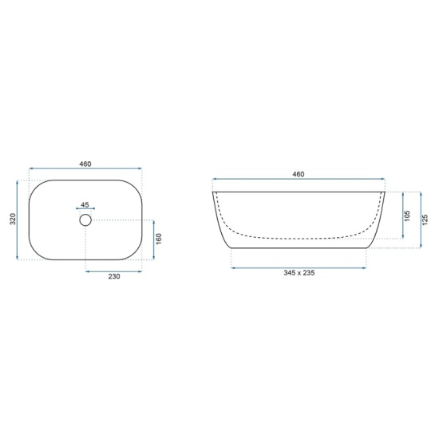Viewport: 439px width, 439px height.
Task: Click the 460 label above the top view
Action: click(x=85, y=164)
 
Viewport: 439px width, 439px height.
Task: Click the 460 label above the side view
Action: click(x=299, y=174)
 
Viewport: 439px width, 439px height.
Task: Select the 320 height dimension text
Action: click(x=13, y=219)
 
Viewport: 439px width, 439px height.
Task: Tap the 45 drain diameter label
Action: click(x=85, y=204)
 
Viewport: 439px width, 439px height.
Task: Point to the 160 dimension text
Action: click(x=159, y=239)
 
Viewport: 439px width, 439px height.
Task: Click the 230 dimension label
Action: click(x=114, y=276)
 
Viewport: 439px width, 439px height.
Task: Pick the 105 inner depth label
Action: click(x=407, y=216)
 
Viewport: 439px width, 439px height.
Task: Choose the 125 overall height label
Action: click(x=425, y=219)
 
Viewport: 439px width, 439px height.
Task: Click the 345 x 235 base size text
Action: click(x=299, y=273)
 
